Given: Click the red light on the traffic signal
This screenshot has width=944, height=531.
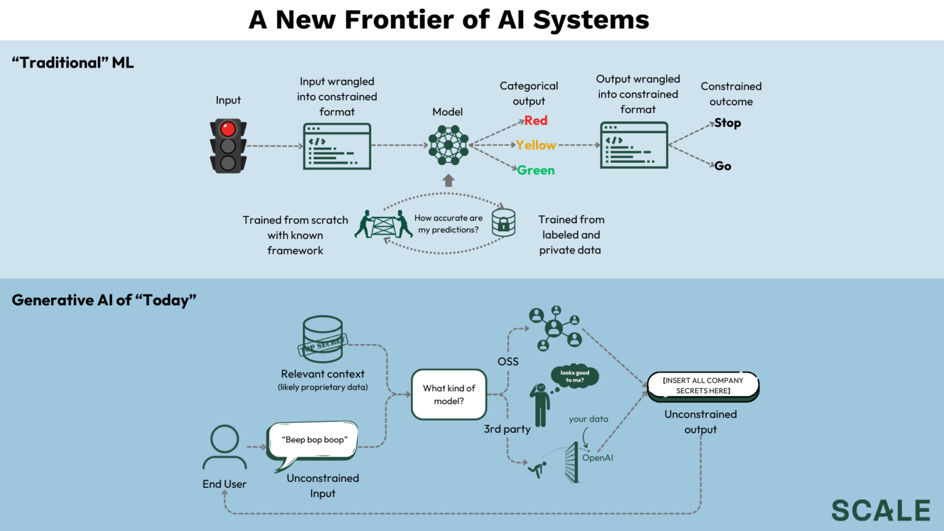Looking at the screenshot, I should (x=228, y=129).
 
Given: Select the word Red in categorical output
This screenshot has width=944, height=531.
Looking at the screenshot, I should (x=535, y=121).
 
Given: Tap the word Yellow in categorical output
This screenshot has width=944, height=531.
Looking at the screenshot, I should (x=536, y=146).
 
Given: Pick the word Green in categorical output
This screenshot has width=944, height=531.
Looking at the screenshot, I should (x=536, y=170).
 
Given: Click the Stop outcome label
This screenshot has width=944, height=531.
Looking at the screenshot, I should (x=728, y=123).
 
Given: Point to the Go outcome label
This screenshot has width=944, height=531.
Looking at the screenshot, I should (x=723, y=166).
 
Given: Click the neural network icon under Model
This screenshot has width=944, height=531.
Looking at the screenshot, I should (x=448, y=145).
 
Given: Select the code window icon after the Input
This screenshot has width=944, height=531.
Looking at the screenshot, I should (x=337, y=146).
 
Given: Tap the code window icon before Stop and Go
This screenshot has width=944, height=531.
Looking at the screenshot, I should (x=634, y=145).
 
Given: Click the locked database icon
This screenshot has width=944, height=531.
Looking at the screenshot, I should (x=503, y=222).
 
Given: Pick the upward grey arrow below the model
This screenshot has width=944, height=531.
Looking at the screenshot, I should (x=449, y=181).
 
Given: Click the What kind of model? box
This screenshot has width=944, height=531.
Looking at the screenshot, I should (x=449, y=395).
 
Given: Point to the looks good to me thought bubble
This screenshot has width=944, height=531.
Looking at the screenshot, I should (x=575, y=376).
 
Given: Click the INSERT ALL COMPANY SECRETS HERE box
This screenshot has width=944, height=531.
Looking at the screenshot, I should (x=703, y=386).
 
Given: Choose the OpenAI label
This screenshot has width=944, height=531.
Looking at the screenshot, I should (x=597, y=458).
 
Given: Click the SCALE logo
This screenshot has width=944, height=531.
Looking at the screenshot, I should (x=881, y=511).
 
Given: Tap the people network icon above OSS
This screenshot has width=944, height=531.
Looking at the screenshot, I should (x=555, y=328).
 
